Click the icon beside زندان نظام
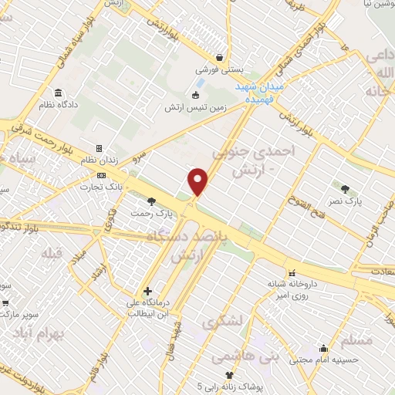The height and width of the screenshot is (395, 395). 99,148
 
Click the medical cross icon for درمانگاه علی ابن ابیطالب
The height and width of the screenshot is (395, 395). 147,291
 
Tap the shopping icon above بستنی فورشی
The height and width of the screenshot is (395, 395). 220,58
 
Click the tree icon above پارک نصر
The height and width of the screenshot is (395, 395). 344,188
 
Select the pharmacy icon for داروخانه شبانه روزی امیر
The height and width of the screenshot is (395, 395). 291,273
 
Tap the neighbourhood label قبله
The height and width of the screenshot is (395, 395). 55,254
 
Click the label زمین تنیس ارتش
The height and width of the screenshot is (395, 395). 192,108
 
